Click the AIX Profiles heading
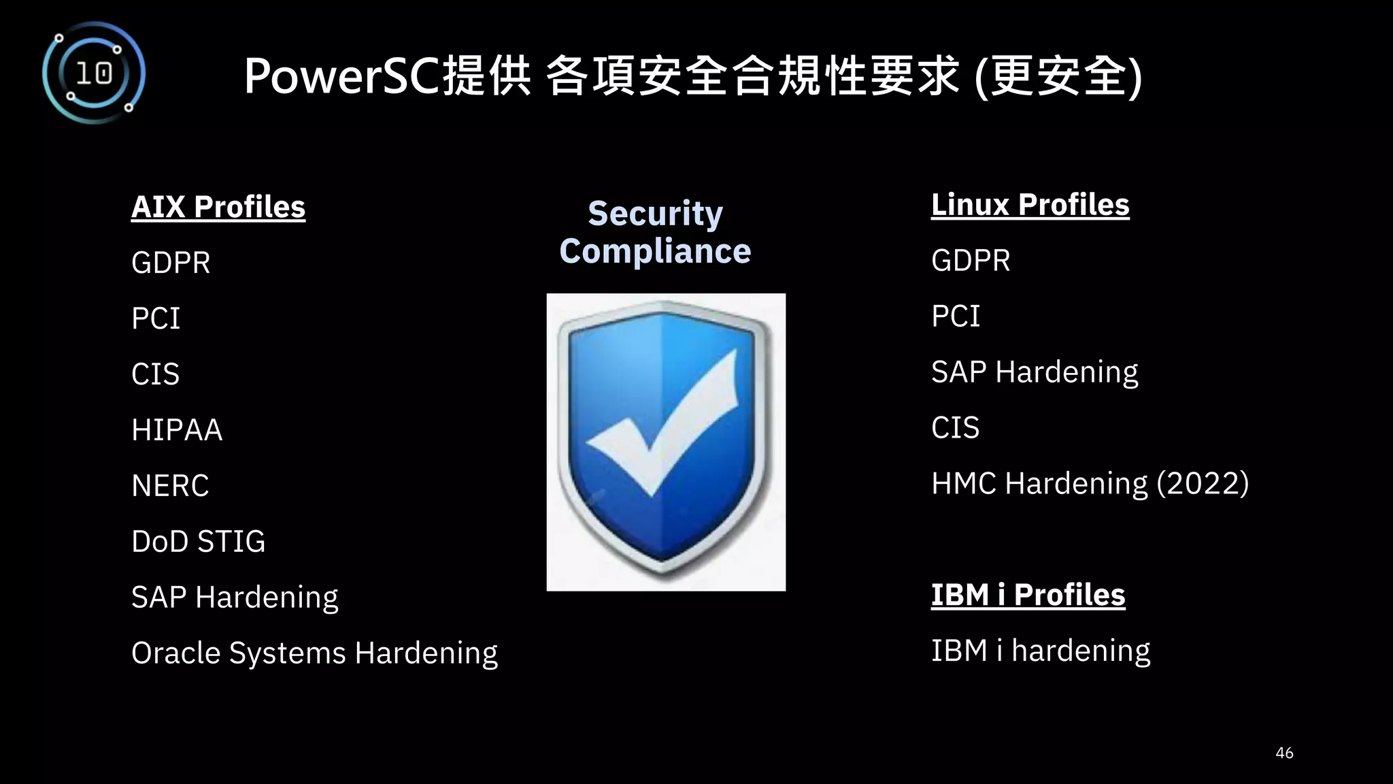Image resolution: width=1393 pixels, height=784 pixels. coord(218,207)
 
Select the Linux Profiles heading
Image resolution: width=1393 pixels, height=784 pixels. coord(1030,205)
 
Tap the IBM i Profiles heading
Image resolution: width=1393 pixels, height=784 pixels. coord(1028,595)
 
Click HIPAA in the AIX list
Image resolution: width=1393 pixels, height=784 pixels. coord(177,430)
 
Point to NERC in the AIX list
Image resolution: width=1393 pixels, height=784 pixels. coord(170,486)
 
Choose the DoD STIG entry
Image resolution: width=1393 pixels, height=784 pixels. coord(198,542)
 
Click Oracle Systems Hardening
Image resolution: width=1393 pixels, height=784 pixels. coord(314,653)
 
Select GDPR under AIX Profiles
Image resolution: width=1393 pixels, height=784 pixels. coord(171,263)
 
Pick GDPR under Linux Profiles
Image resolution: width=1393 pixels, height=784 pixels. coord(971,261)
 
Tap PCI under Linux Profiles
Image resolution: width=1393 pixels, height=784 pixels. coord(956,316)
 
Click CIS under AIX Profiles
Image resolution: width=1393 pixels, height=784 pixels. coord(155,374)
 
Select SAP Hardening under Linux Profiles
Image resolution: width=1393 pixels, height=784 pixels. coord(1034,372)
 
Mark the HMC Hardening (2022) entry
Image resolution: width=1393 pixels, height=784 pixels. coord(1090,484)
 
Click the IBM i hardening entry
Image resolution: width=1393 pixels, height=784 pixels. coord(1040,651)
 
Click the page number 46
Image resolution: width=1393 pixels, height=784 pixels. coord(1284,753)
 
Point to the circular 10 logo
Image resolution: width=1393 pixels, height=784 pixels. coord(94,73)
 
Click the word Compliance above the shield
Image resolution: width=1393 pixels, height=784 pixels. coord(655,251)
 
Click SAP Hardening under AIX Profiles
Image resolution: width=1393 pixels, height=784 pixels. coord(235,598)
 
